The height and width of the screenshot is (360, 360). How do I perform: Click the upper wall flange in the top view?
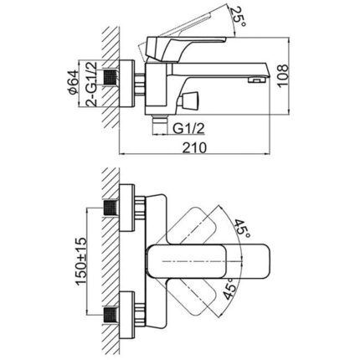pos(127,208)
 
